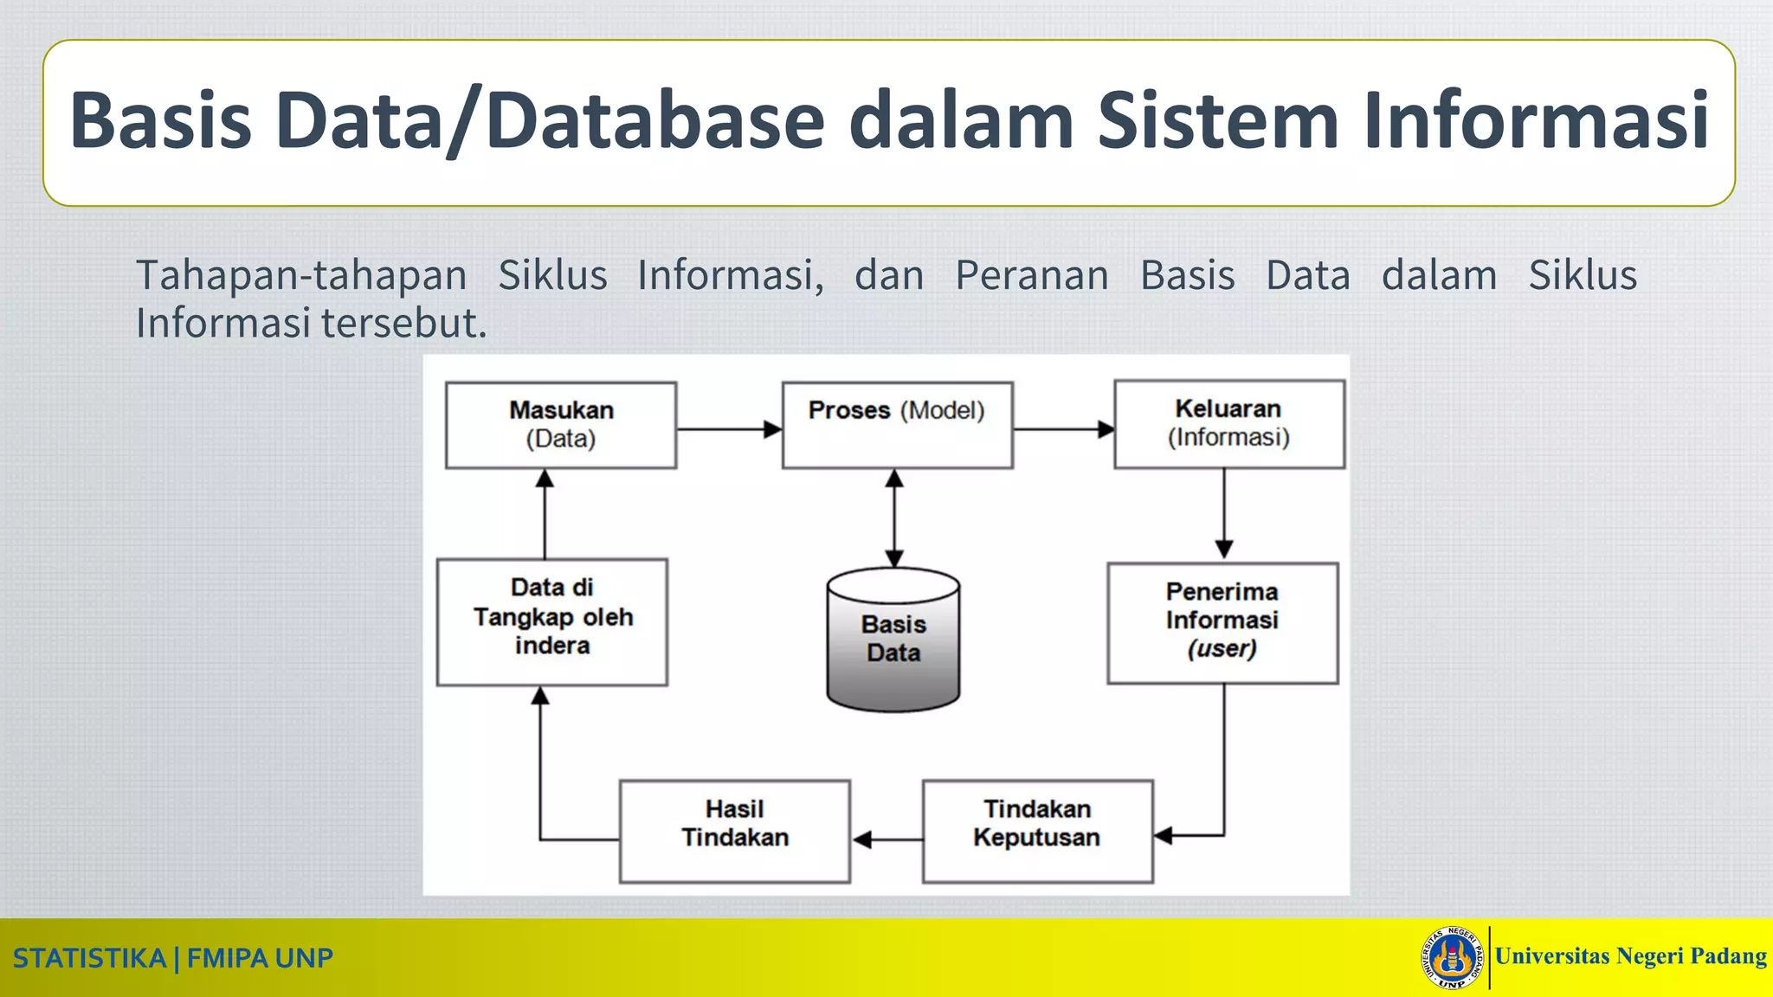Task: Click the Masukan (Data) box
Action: [561, 425]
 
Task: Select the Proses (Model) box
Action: [897, 425]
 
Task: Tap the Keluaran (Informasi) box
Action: [1228, 424]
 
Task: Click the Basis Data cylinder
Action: [893, 640]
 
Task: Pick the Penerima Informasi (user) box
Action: [1222, 622]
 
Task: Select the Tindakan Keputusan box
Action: [1037, 831]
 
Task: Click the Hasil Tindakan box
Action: [734, 831]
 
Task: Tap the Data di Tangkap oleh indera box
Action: [552, 621]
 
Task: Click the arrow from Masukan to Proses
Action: [728, 429]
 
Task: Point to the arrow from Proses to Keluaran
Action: [1063, 429]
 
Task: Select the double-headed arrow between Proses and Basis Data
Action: [894, 518]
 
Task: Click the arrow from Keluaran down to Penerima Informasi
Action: [1223, 513]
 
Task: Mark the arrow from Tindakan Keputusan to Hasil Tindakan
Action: [886, 839]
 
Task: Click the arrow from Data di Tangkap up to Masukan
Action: [545, 514]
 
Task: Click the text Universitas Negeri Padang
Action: [1630, 956]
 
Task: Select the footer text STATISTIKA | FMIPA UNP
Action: [173, 958]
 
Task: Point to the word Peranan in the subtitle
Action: [1031, 276]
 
